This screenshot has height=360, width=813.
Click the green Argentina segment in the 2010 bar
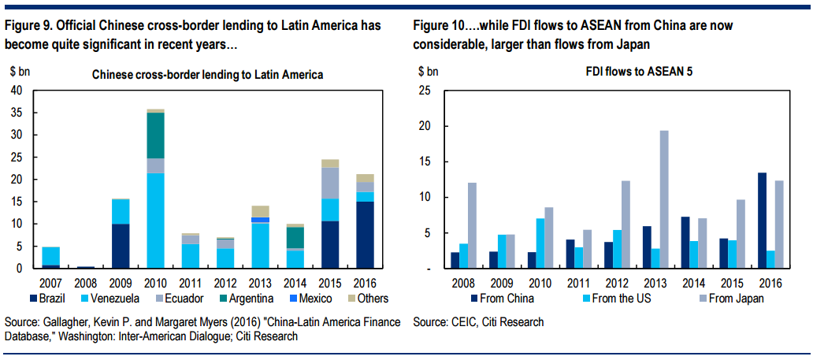pos(155,135)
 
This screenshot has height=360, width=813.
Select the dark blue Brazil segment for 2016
pos(364,235)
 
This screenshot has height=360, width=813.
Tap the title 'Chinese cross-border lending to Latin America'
pos(208,75)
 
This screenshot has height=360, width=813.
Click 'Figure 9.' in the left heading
pos(31,25)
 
